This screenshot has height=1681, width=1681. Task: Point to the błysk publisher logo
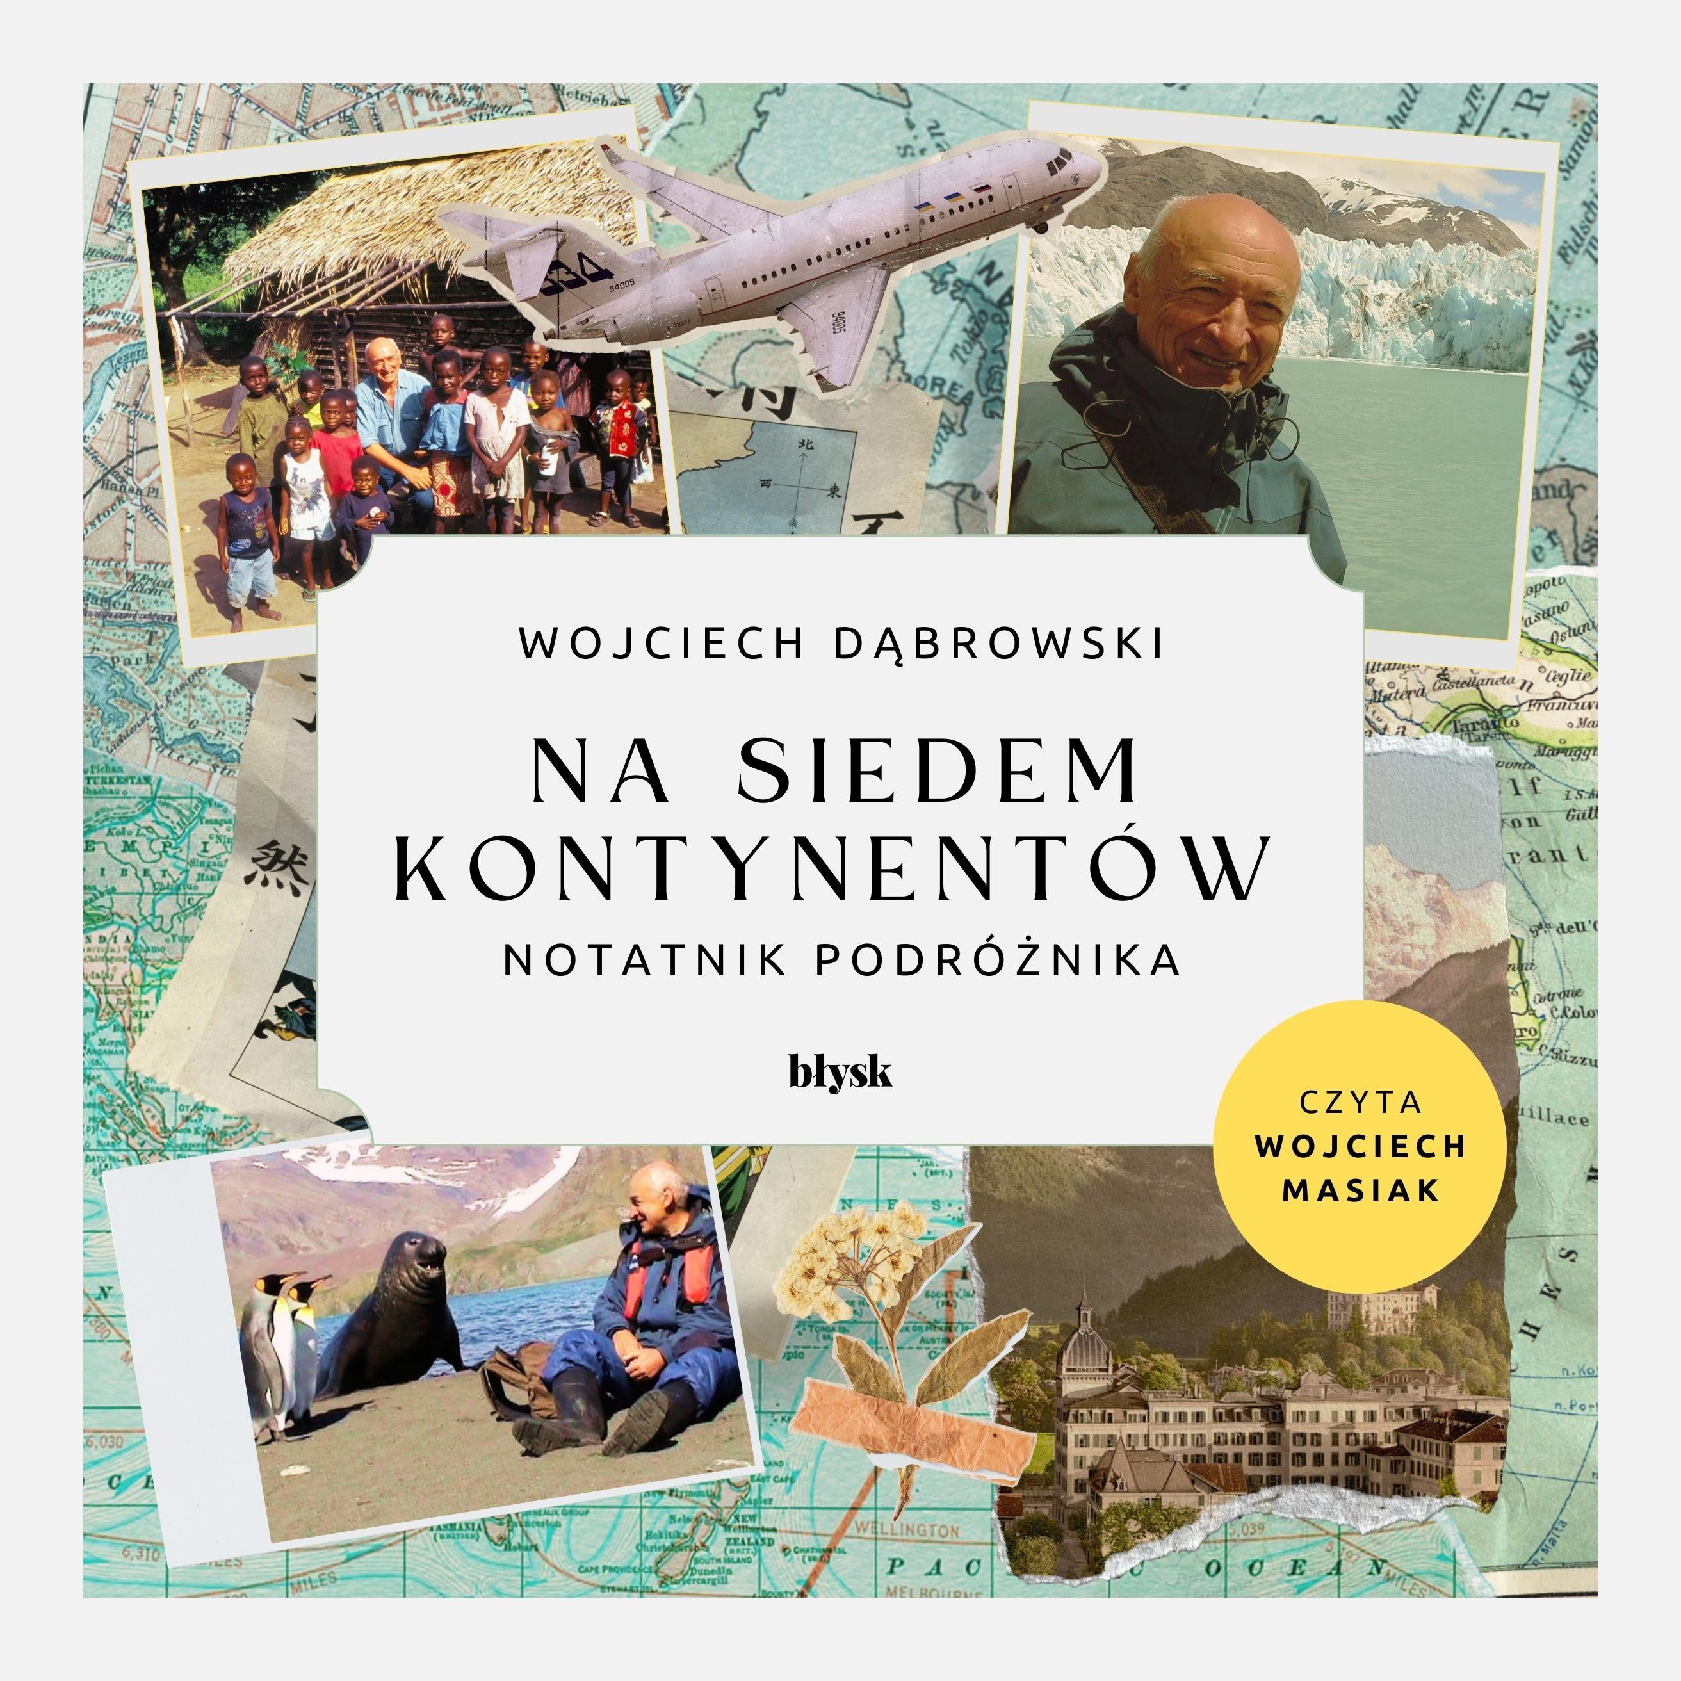coord(840,1072)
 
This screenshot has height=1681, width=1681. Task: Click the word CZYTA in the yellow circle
coord(1361,1102)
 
